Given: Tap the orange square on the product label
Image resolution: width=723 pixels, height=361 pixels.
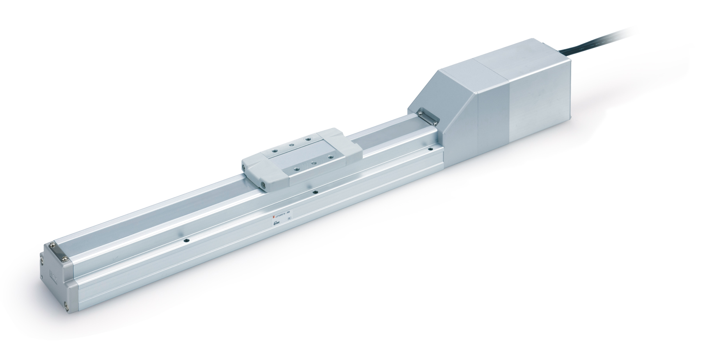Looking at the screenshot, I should click(x=274, y=217).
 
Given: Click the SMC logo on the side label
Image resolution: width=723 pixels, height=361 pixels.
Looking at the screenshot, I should click(x=277, y=223).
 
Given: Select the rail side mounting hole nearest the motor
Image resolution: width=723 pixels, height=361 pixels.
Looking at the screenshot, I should click(x=430, y=148).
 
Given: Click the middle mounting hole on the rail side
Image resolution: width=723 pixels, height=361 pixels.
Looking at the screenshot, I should click(x=315, y=192).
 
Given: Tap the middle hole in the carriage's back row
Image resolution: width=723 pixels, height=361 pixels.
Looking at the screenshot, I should click(x=291, y=145).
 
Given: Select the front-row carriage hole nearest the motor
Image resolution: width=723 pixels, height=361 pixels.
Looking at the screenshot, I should click(x=330, y=157).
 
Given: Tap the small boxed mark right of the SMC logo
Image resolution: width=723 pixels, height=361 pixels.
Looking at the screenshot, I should click(x=290, y=218).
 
